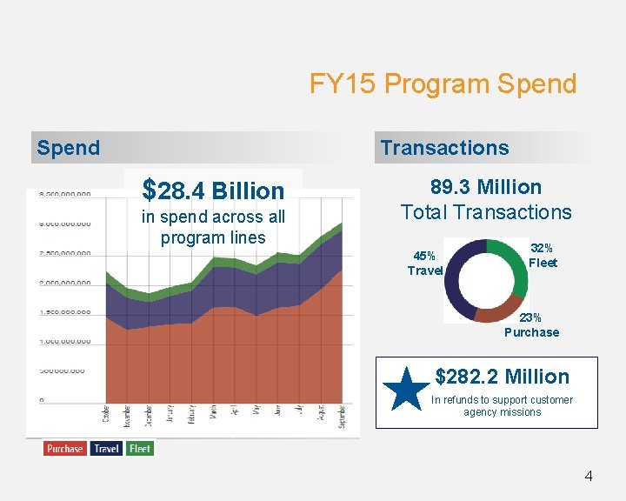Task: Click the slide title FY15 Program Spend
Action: tap(443, 84)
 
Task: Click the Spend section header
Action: tap(69, 148)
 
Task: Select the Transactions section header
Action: tap(444, 148)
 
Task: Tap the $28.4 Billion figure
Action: tap(213, 190)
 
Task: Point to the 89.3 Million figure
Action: tap(486, 187)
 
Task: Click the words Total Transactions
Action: tap(486, 212)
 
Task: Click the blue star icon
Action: tap(405, 389)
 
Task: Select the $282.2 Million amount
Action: tap(502, 377)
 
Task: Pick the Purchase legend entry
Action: tap(65, 449)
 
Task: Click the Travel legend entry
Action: tap(106, 449)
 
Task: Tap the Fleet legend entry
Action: tap(139, 449)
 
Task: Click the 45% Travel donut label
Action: tap(424, 264)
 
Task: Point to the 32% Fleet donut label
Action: tap(543, 256)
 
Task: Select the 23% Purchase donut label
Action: tap(531, 325)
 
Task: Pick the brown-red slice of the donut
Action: tap(498, 311)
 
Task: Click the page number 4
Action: tap(589, 476)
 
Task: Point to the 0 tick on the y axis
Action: tap(41, 400)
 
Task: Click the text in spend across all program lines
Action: tap(213, 227)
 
